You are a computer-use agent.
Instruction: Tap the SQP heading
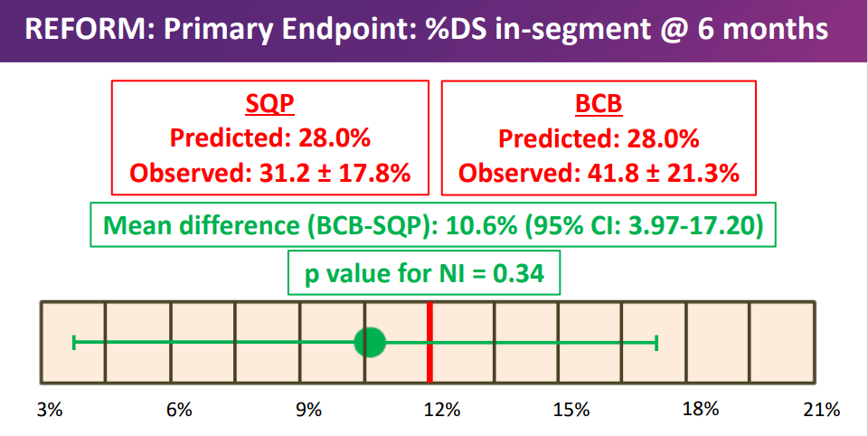tap(269, 103)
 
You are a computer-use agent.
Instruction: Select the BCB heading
tap(599, 103)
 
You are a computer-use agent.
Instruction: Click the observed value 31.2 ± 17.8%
tap(335, 174)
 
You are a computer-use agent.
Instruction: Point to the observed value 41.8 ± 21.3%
tap(664, 174)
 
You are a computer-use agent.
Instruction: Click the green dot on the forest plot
tap(369, 342)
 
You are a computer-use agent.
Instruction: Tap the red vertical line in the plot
tap(429, 342)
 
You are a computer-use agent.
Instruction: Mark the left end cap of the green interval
tap(74, 342)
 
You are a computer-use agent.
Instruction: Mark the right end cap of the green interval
tap(656, 342)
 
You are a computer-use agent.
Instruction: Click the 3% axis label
tap(50, 410)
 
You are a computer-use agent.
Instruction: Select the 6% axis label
tap(179, 410)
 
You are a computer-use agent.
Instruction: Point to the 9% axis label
tap(309, 410)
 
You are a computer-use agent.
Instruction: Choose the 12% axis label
tap(442, 410)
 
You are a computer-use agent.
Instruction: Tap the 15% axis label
tap(571, 410)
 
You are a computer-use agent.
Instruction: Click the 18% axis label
tap(701, 410)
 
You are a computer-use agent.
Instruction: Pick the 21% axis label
tap(822, 410)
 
